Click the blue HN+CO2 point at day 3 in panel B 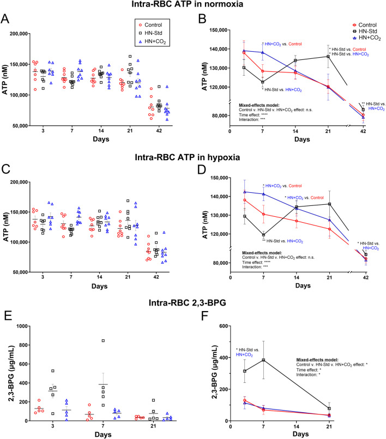[243, 51]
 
